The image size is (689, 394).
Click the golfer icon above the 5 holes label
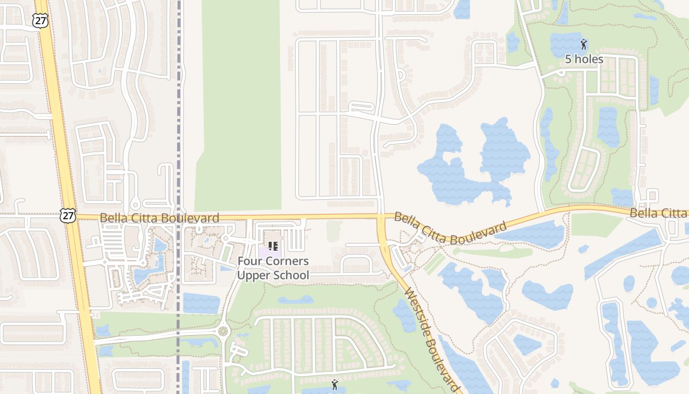[584, 44]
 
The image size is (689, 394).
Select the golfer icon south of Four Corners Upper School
[335, 385]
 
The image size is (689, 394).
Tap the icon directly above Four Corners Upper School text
[273, 246]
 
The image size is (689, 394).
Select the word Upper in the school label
[252, 275]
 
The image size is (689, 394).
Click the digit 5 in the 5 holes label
[568, 60]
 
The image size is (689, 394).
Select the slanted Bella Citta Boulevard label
[450, 229]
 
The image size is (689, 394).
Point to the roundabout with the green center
[223, 331]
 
